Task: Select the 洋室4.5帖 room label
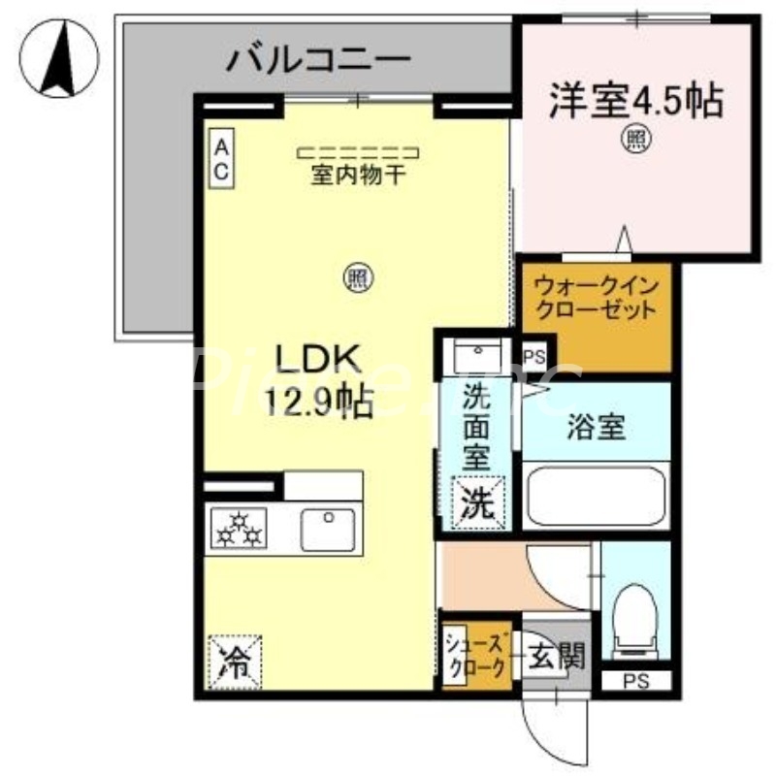coord(636,100)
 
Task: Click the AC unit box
coord(221,160)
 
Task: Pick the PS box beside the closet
coord(533,356)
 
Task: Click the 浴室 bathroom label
coord(597,426)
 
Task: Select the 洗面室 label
coord(474,427)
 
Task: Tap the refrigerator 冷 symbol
coord(233,662)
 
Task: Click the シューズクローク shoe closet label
coord(475,656)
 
